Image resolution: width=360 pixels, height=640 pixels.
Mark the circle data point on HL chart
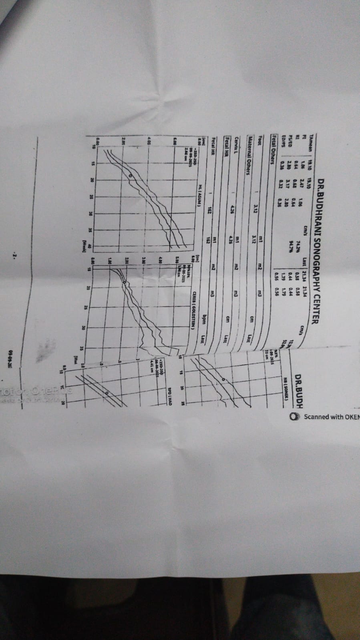point(131,175)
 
